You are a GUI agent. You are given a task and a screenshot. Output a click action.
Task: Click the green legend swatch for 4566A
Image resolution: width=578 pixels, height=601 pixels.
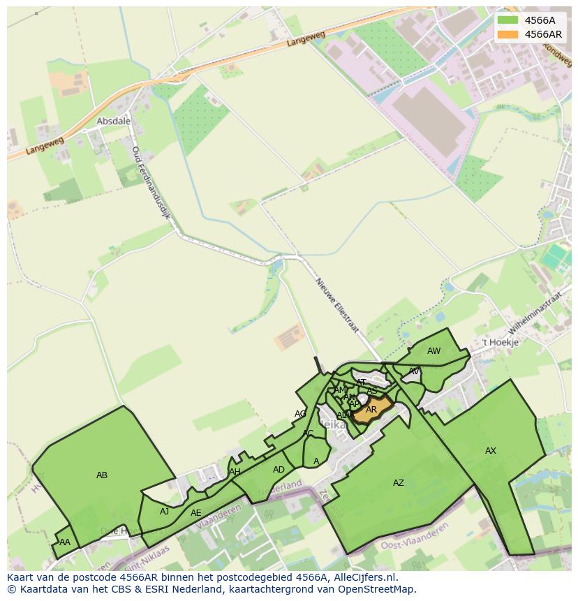507,20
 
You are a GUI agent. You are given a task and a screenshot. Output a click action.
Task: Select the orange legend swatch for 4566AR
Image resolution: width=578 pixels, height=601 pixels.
507,34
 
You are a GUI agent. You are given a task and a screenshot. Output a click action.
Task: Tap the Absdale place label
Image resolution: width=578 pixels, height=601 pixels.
113,121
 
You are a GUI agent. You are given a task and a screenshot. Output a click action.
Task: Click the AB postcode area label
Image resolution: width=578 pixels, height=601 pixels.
102,475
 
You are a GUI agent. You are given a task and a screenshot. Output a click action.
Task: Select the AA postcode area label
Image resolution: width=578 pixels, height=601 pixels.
65,542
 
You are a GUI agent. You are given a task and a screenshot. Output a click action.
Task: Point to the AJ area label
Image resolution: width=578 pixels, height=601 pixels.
165,512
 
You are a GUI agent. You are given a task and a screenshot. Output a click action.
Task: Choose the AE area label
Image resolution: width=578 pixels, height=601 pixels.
196,513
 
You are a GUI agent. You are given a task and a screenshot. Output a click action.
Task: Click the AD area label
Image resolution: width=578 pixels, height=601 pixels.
279,470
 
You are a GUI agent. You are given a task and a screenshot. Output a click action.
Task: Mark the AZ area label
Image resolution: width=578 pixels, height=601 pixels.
398,483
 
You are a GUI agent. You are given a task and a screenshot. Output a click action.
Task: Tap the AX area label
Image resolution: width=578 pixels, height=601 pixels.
491,451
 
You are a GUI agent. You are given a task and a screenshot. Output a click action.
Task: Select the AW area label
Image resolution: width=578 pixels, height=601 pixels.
434,351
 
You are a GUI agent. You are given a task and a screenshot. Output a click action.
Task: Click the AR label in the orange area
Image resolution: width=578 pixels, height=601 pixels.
371,410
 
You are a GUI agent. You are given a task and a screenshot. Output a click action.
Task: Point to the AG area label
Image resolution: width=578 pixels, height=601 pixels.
300,414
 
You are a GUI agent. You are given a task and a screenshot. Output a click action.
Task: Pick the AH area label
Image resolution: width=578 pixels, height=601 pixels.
235,472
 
